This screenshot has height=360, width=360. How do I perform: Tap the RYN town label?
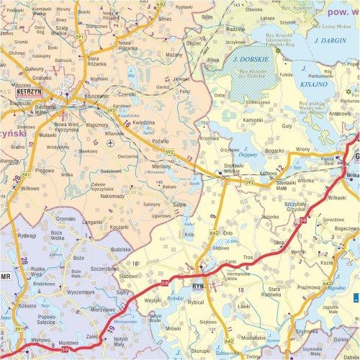(x=199, y=286)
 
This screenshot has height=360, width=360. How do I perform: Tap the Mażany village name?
(x=174, y=55)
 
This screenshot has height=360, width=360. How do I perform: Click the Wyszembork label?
(x=79, y=292)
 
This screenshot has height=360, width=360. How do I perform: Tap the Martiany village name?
(x=161, y=167)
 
